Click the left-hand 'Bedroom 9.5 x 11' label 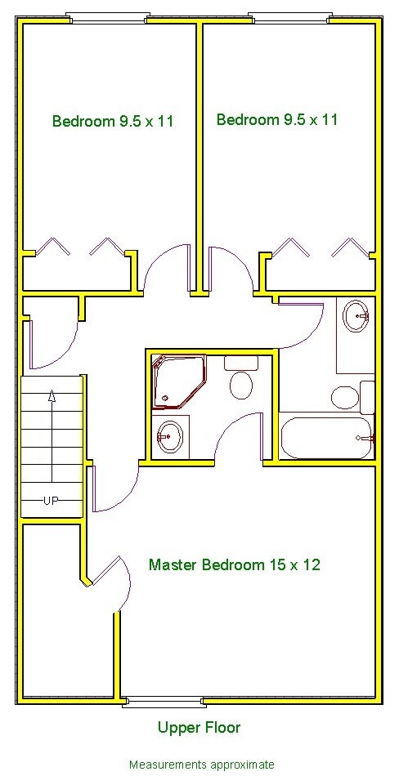[113, 122]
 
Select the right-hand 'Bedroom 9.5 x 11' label [276, 120]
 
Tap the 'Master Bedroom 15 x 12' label [234, 564]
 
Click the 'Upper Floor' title [200, 727]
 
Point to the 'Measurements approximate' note [201, 765]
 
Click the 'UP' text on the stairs [51, 501]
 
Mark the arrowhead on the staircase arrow [52, 397]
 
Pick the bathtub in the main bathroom [325, 438]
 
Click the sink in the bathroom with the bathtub [356, 315]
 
